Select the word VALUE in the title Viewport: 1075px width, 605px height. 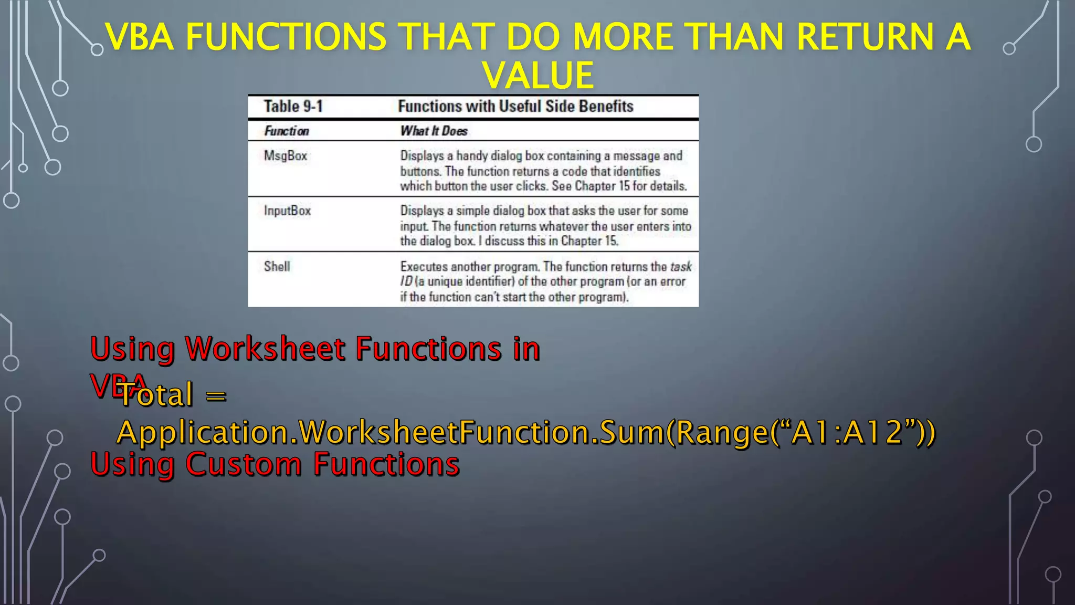538,75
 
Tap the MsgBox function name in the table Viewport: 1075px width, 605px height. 286,156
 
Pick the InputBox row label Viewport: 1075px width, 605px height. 287,211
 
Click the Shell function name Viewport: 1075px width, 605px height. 277,266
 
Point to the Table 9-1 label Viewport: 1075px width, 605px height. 293,107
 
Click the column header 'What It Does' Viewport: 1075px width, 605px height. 434,131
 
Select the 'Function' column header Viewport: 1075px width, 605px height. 287,131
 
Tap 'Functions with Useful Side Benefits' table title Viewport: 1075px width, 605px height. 515,107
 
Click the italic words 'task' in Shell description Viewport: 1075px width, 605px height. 681,267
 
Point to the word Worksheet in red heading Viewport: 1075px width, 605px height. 265,349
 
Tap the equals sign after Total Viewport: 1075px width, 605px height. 216,395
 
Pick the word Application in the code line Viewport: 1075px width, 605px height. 202,433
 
